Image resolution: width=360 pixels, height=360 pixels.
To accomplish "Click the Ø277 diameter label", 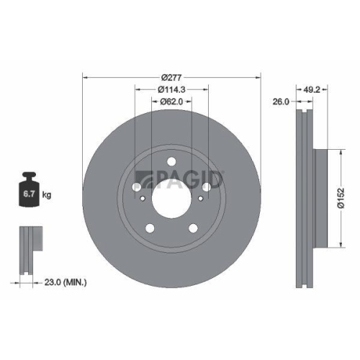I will point(171,76).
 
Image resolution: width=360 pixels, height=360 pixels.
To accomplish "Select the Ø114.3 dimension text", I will point(171,89).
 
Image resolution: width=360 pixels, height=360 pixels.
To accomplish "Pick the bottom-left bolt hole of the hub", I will point(150,229).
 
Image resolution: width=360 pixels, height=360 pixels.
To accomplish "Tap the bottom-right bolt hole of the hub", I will point(192,229).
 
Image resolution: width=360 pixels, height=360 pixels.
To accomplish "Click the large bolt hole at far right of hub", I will point(208,186).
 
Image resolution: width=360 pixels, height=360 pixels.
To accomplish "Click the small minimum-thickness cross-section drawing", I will point(27,252).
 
